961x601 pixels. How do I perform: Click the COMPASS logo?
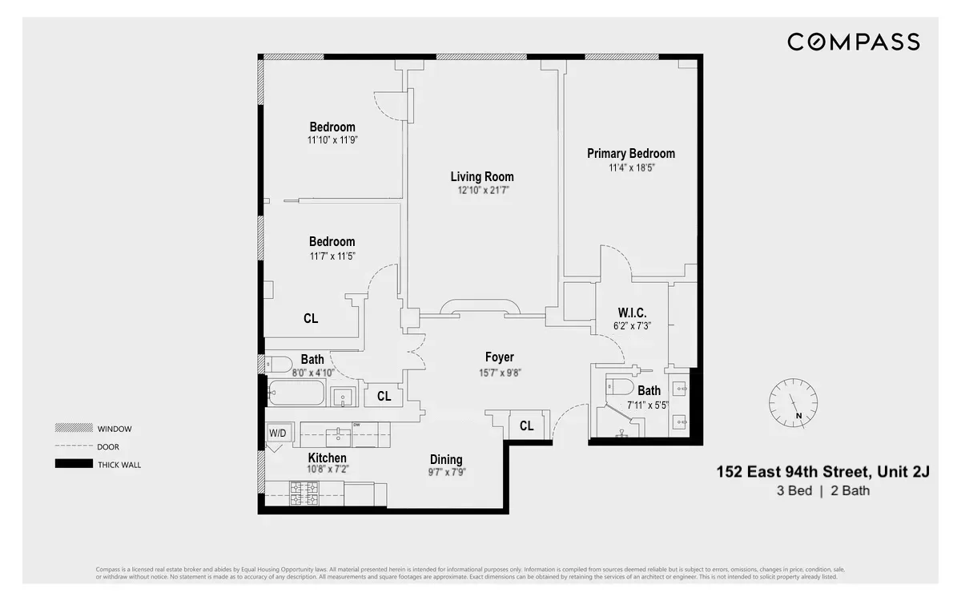point(853,42)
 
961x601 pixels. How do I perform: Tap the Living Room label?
point(481,177)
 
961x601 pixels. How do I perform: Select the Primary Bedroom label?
point(630,154)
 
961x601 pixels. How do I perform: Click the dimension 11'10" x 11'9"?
point(332,140)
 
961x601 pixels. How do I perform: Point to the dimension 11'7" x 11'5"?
point(332,256)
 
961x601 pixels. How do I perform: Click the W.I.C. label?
point(631,313)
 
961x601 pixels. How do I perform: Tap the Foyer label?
point(499,357)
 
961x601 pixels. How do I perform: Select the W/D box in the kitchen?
point(276,434)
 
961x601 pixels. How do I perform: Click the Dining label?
point(446,459)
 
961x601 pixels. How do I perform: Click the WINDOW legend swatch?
point(74,429)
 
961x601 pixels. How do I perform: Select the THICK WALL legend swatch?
point(74,464)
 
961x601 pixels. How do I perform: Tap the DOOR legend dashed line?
point(74,446)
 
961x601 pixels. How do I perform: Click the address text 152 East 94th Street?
point(822,472)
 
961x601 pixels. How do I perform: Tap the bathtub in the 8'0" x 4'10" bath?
point(296,394)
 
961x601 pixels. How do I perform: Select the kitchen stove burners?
point(304,493)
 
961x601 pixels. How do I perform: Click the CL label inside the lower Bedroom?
point(311,318)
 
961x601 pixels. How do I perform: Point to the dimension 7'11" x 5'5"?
point(647,405)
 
